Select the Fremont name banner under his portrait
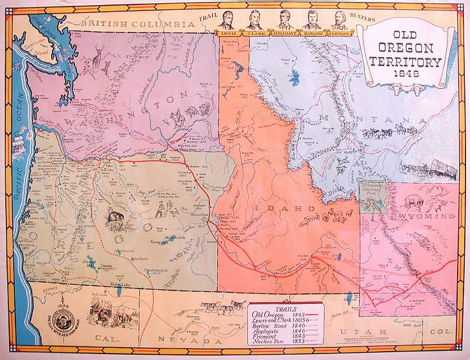click(x=338, y=32)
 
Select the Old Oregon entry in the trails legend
click(x=268, y=315)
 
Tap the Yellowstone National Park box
click(x=373, y=195)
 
